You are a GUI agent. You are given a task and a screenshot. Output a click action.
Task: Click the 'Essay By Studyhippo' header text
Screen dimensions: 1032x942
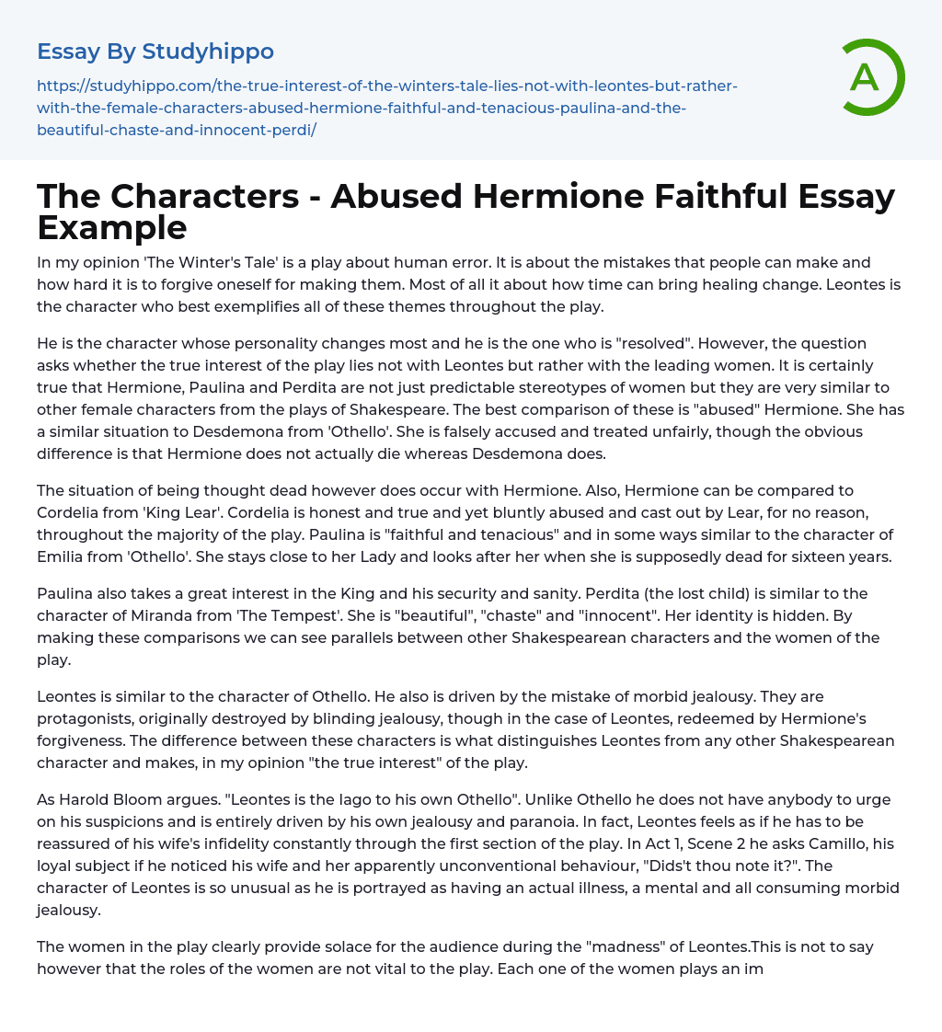155,52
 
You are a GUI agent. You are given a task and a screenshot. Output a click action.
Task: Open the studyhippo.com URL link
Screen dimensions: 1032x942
386,108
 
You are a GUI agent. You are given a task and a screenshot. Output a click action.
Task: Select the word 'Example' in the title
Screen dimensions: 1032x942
112,226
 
